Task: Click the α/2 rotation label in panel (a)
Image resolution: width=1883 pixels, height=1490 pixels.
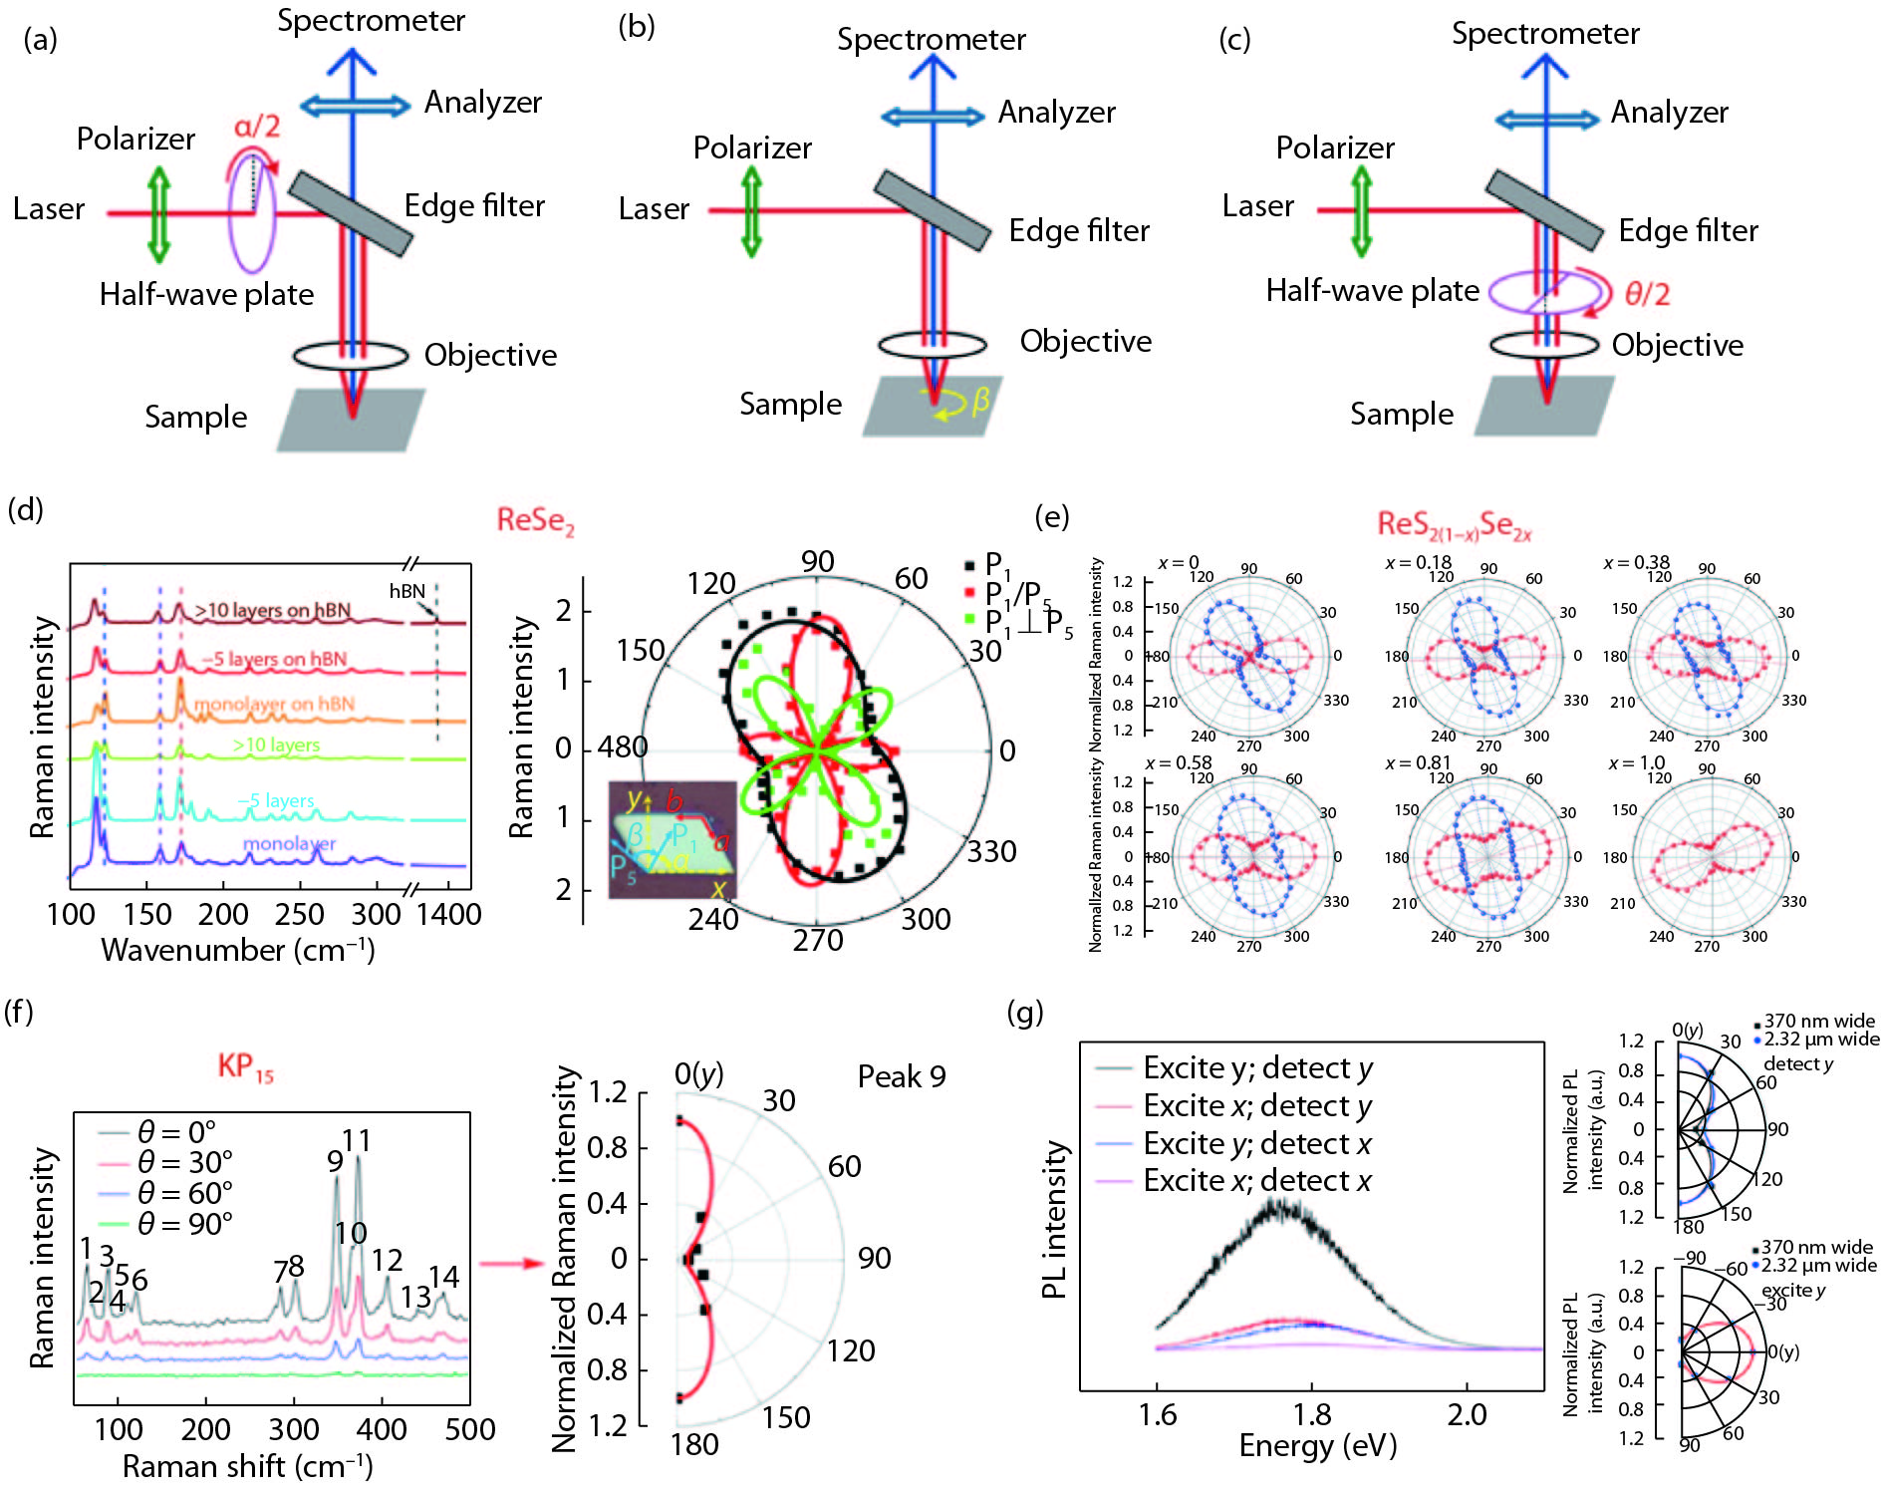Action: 256,127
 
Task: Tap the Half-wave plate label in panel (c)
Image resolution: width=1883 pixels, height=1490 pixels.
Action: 1372,290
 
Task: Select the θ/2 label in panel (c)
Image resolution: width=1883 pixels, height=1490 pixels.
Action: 1647,294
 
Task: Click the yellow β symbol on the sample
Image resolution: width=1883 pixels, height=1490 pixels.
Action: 980,401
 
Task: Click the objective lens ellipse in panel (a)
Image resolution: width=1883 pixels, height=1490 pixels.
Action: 350,356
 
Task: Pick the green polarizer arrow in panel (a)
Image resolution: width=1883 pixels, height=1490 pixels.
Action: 158,213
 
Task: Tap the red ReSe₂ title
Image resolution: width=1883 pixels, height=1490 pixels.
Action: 535,520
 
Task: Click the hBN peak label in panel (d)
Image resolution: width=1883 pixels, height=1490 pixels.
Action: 406,591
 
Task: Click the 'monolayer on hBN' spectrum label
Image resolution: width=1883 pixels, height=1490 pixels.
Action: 274,704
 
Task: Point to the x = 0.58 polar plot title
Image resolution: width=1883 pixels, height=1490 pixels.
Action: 1179,763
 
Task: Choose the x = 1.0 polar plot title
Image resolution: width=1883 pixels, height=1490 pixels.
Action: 1636,763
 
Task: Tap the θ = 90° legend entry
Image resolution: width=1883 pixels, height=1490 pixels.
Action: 184,1223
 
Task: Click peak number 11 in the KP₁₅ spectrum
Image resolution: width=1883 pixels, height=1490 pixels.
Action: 356,1139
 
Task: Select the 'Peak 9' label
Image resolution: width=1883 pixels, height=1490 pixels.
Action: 901,1076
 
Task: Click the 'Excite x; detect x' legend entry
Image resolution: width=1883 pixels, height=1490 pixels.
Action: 1256,1181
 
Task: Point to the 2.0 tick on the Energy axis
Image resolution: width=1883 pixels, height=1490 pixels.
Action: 1467,1414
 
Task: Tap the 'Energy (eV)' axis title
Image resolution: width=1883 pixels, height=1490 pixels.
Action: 1317,1445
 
